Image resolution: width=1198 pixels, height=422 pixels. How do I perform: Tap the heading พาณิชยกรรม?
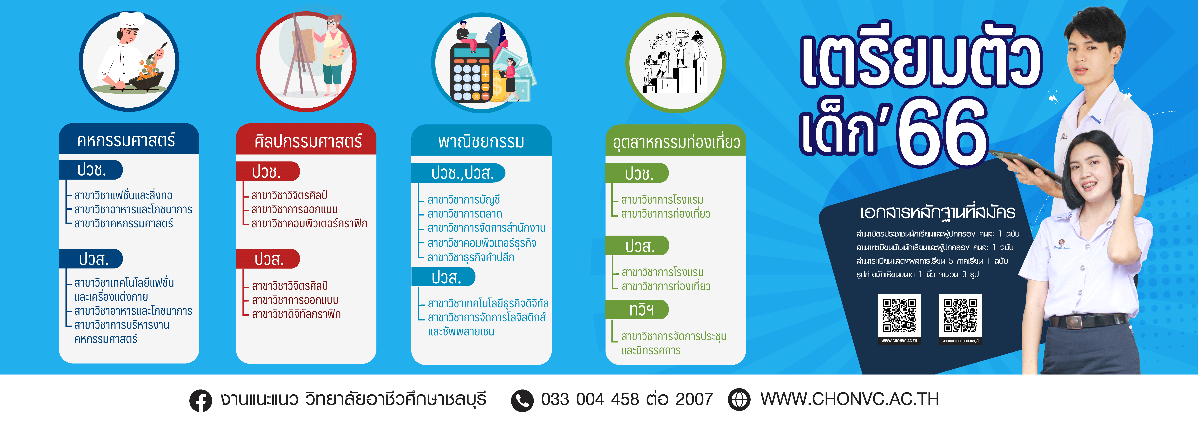point(481,141)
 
